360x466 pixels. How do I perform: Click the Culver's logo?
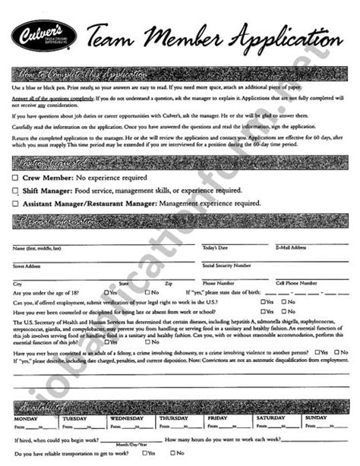tap(42, 36)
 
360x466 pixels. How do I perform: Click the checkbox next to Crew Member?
tap(15, 178)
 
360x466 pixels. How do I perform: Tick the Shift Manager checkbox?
tap(15, 190)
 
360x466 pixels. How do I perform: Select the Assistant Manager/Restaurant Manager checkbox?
tap(15, 203)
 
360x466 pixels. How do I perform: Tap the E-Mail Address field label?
tap(291, 247)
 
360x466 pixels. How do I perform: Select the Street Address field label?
tap(27, 266)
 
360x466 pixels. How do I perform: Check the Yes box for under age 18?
tap(107, 292)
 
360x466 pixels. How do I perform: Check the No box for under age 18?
tap(148, 292)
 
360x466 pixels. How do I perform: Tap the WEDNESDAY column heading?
tap(127, 418)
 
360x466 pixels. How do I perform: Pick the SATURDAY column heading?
tap(270, 418)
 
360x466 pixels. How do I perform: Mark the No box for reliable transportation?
tap(173, 453)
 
